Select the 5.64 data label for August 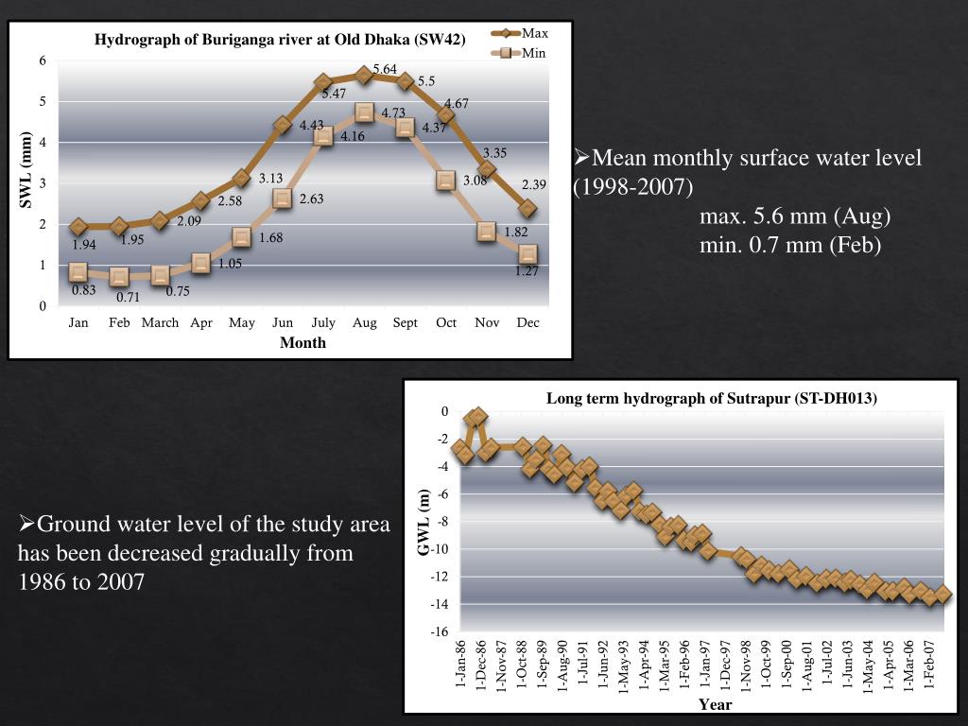pos(385,69)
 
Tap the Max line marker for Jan pos(78,227)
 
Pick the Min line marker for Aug pos(364,112)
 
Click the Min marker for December pos(527,253)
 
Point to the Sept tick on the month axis pos(405,322)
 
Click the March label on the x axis pos(160,322)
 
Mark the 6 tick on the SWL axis pos(43,60)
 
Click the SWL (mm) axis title pos(26,170)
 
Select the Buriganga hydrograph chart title pos(280,40)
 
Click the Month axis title pos(302,342)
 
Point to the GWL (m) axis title pos(424,521)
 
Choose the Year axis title pos(715,703)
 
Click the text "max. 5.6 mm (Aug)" pos(795,217)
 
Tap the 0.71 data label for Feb pos(128,297)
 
